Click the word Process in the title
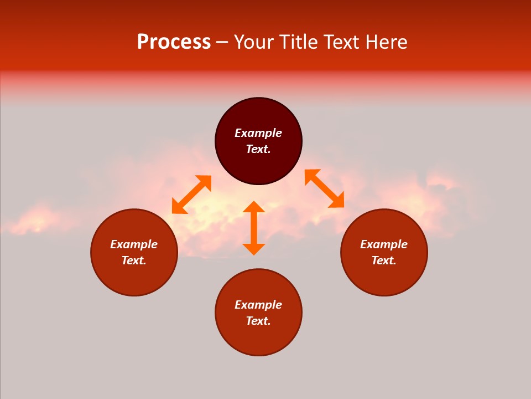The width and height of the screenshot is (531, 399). coord(174,42)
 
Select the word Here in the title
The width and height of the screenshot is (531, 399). coord(386,42)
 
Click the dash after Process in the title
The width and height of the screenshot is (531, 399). coord(222,43)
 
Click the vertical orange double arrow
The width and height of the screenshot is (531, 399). coord(254,228)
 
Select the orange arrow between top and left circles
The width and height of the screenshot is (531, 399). coord(191,195)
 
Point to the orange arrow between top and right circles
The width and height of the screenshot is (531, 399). coord(324,188)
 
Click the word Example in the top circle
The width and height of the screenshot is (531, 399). coord(258,133)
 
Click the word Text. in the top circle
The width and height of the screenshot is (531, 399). coord(258,149)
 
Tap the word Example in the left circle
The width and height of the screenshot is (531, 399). coord(134,244)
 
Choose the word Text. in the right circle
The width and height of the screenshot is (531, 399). coord(384,260)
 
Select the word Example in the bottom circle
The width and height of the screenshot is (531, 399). coord(258,305)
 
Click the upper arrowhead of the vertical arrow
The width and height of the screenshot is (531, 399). coord(254,207)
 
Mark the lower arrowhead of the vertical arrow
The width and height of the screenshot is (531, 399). coord(254,249)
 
